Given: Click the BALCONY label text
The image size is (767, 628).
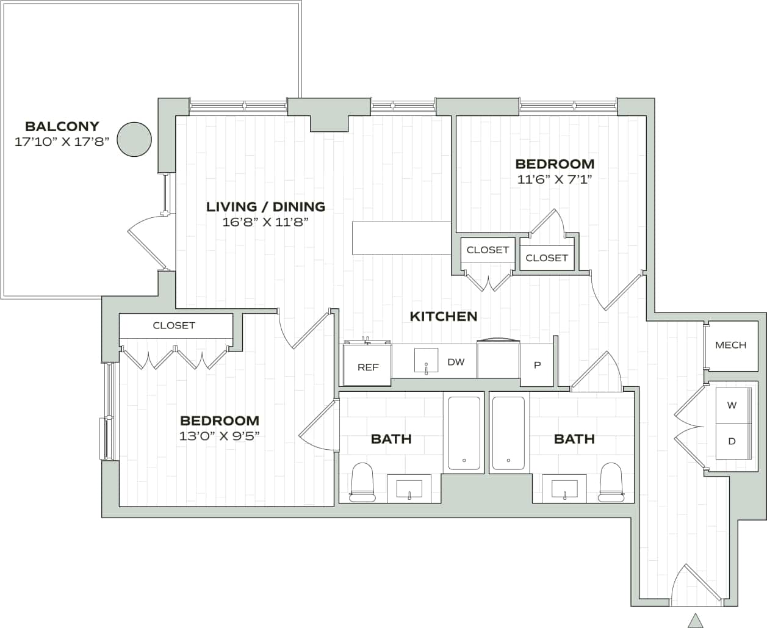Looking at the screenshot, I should [62, 126].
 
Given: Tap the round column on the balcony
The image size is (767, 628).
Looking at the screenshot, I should [134, 139].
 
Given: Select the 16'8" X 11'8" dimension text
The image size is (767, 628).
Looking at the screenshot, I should [265, 222].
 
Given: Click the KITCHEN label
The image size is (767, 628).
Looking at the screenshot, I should [443, 316].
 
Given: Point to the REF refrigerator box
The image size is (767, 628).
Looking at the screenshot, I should [367, 366].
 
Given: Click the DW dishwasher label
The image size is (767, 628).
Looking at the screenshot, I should [456, 362].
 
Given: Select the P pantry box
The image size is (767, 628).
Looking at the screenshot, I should [537, 366].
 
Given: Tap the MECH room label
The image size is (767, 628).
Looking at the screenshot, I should [730, 345].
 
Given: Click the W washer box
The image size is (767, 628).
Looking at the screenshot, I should [732, 405].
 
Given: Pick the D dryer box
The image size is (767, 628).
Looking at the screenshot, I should [732, 441].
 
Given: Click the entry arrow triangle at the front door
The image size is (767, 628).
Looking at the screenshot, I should [695, 620].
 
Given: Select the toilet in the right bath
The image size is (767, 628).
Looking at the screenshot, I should [610, 483].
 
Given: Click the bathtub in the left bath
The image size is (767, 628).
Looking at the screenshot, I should [464, 433].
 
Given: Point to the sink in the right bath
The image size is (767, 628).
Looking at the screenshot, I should [565, 489].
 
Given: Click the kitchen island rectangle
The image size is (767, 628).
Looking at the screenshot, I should [401, 238].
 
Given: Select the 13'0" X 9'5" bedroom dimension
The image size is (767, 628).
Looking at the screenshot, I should [219, 436].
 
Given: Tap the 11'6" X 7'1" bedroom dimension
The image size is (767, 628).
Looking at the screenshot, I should [555, 179].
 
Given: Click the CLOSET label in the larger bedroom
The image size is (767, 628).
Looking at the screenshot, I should [174, 325].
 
